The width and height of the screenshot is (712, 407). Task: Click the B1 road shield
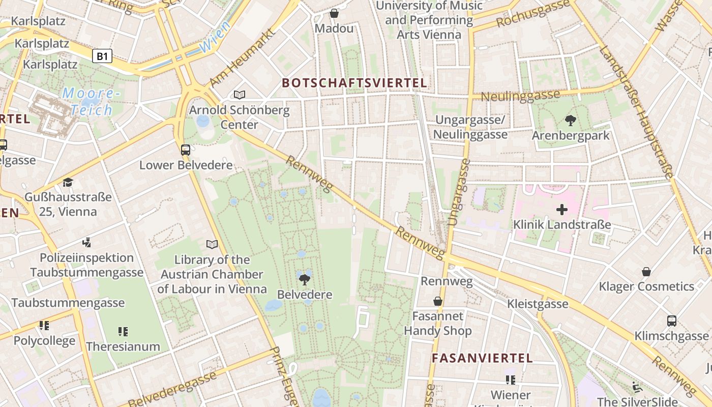102,56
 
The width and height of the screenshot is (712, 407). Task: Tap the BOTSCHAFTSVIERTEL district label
354,82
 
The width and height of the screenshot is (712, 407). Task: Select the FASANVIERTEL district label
482,358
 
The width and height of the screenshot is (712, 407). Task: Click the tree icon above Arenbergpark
570,121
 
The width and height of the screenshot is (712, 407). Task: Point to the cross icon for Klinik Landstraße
561,210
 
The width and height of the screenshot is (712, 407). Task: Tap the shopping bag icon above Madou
334,13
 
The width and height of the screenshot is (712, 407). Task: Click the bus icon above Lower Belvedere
186,150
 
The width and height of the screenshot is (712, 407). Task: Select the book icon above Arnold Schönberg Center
239,95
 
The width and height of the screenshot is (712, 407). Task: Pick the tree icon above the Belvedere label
305,279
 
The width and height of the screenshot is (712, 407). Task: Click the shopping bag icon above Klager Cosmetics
646,272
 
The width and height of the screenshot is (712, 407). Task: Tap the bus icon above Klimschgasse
671,321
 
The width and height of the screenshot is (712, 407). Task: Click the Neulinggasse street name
520,95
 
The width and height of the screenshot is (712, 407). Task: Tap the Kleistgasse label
538,304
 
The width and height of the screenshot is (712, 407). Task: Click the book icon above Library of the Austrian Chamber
212,244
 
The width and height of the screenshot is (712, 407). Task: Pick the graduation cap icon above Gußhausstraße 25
68,182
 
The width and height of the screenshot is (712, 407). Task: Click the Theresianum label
123,346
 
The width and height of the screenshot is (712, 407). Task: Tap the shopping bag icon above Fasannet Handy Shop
437,302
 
